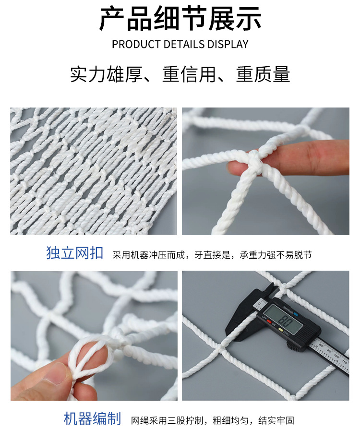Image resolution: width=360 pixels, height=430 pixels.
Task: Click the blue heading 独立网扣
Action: (x=74, y=253)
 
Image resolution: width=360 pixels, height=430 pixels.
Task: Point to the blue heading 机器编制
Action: (x=92, y=418)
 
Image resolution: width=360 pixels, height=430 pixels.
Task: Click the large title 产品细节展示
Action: (x=180, y=19)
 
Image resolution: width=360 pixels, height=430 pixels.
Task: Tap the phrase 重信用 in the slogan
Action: (x=189, y=74)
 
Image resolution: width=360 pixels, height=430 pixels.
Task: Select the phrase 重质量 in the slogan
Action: (x=263, y=74)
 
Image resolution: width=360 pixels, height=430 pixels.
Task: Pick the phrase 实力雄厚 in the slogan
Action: (x=106, y=74)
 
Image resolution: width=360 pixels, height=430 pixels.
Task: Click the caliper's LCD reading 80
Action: (x=285, y=320)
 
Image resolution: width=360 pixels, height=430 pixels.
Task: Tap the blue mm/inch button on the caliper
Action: (x=296, y=313)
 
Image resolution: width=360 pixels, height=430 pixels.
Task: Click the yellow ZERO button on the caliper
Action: (x=281, y=329)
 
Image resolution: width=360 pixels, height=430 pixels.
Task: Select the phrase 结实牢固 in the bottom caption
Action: (x=276, y=420)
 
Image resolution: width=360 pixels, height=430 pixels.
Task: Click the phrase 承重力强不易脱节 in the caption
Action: (x=276, y=255)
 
